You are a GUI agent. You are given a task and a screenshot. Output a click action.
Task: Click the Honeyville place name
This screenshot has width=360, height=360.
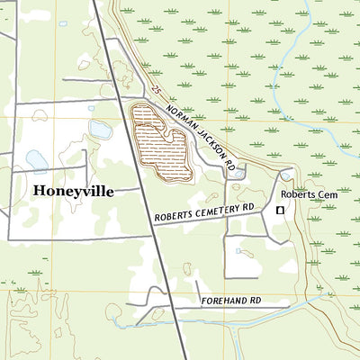pyautogui.click(x=76, y=192)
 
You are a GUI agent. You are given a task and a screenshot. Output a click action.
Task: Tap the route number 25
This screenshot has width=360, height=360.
pyautogui.click(x=157, y=92)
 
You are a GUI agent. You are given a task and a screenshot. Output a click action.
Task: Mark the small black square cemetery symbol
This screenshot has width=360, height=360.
pyautogui.click(x=280, y=210)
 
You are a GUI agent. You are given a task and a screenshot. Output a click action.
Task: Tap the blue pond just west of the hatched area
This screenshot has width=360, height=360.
pyautogui.click(x=101, y=130)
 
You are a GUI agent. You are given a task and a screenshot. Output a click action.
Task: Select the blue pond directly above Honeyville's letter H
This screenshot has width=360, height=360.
pyautogui.click(x=37, y=160)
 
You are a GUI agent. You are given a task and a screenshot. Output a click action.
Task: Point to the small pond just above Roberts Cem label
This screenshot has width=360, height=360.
pyautogui.click(x=286, y=175)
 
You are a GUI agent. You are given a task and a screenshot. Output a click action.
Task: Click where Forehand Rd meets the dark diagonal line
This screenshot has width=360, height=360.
pyautogui.click(x=173, y=308)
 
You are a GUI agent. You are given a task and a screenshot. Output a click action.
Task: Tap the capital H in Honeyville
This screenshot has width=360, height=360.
pyautogui.click(x=40, y=192)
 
